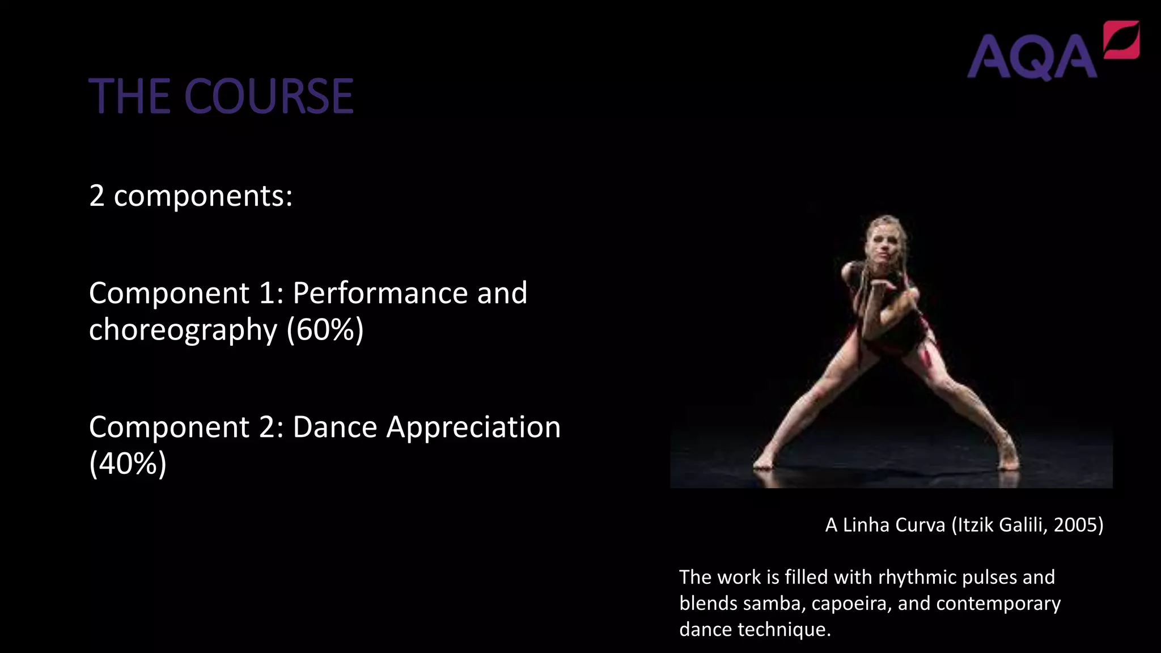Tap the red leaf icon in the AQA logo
click(1121, 39)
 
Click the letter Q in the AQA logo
click(1032, 57)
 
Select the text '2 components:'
click(190, 196)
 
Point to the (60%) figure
click(325, 330)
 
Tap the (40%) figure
click(128, 464)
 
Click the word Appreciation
click(473, 427)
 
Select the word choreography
click(183, 330)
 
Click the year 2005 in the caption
click(1078, 525)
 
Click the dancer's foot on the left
click(762, 462)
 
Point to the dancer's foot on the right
click(1009, 460)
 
